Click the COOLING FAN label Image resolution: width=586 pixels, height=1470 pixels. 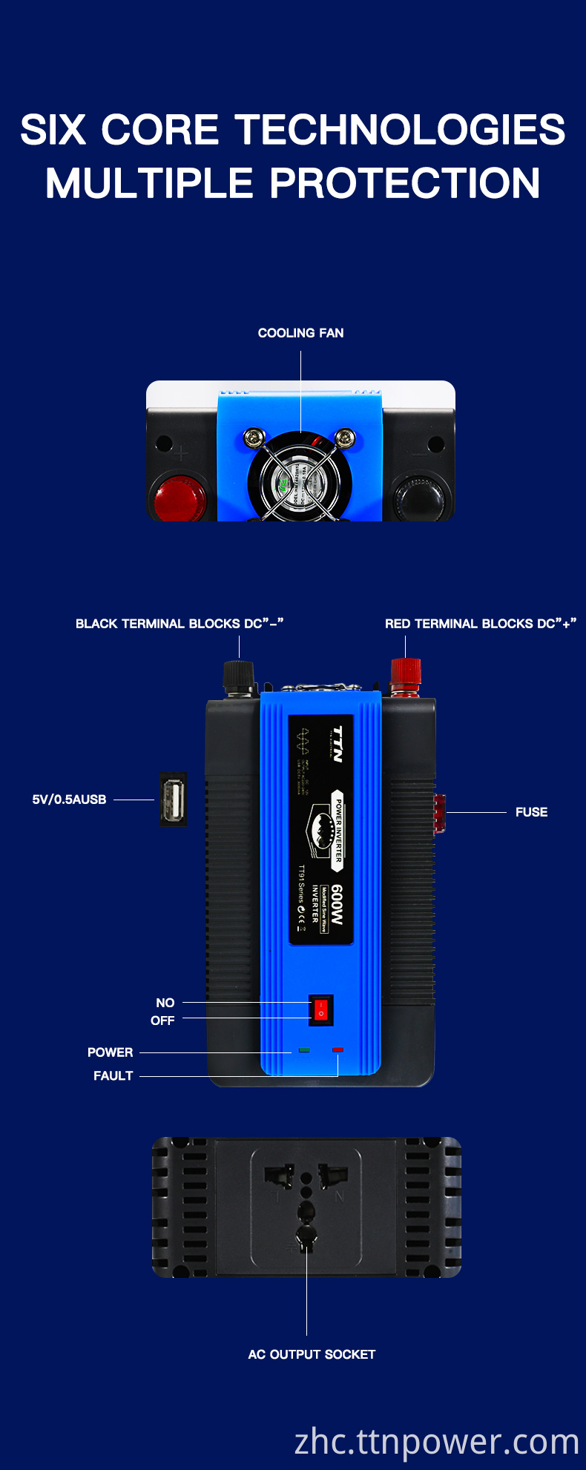pyautogui.click(x=300, y=333)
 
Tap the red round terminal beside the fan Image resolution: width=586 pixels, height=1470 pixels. pyautogui.click(x=180, y=497)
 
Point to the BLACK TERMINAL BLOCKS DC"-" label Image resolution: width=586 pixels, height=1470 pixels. pyautogui.click(x=180, y=624)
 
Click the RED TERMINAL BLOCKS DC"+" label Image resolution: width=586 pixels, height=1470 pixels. pyautogui.click(x=480, y=624)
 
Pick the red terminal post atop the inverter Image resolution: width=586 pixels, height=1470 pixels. pyautogui.click(x=406, y=675)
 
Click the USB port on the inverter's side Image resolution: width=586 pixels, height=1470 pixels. pyautogui.click(x=173, y=800)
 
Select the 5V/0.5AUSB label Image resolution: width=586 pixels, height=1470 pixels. pyautogui.click(x=69, y=800)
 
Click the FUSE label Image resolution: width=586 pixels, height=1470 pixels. pyautogui.click(x=531, y=812)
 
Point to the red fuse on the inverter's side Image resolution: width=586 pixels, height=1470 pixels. pyautogui.click(x=439, y=813)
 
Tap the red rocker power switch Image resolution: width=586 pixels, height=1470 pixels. pyautogui.click(x=321, y=1010)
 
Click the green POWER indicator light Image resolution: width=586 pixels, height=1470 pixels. pyautogui.click(x=304, y=1050)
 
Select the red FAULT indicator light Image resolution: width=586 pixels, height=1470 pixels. pyautogui.click(x=338, y=1050)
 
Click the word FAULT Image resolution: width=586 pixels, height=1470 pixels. pyautogui.click(x=113, y=1075)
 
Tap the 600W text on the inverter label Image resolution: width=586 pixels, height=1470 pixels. pyautogui.click(x=337, y=904)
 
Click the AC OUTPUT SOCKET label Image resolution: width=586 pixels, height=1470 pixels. pyautogui.click(x=312, y=1354)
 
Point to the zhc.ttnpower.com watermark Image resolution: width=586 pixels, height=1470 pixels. pyautogui.click(x=436, y=1441)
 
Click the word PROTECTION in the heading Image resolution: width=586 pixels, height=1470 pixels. pyautogui.click(x=404, y=183)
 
